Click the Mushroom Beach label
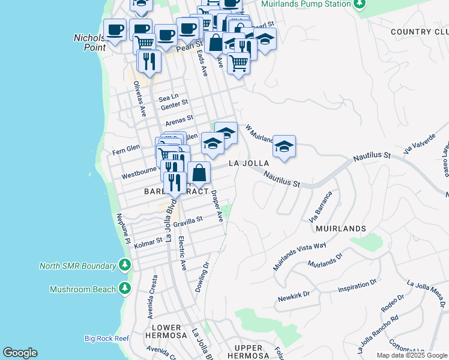point(82,289)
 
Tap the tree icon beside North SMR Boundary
point(124,265)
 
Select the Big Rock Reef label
point(106,338)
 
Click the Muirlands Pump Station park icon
point(359,5)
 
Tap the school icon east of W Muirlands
point(284,146)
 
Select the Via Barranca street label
point(320,206)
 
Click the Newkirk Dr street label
point(293,295)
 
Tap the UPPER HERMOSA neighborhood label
point(249,352)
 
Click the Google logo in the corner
point(20,353)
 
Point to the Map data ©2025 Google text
point(412,355)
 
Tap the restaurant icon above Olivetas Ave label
point(148,61)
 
